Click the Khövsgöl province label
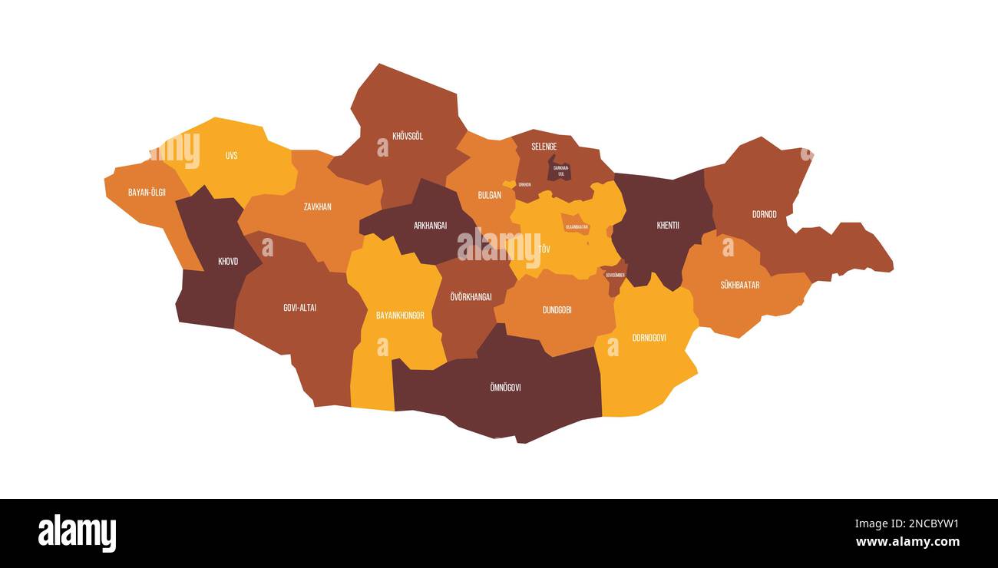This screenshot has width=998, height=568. (408, 137)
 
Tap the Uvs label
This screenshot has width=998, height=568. (231, 156)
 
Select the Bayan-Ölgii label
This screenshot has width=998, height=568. (147, 192)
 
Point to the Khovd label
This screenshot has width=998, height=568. (228, 262)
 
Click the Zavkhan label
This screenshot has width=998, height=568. (317, 206)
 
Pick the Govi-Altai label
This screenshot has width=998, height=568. (299, 308)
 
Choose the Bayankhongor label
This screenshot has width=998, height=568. (400, 315)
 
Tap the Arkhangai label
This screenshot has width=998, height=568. (430, 226)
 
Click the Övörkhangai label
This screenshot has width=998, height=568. (471, 297)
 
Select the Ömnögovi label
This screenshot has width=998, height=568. (504, 388)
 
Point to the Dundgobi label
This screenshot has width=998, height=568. (557, 310)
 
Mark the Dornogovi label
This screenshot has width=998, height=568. (649, 338)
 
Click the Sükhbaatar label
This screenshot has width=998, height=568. (739, 285)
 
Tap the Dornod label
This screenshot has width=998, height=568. (764, 214)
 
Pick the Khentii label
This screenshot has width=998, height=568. (667, 226)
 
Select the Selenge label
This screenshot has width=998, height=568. (544, 147)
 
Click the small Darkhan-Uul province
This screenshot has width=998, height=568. (560, 170)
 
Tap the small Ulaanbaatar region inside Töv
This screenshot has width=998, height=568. (576, 226)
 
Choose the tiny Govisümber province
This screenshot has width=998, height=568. (614, 276)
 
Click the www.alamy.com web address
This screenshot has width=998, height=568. (907, 542)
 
